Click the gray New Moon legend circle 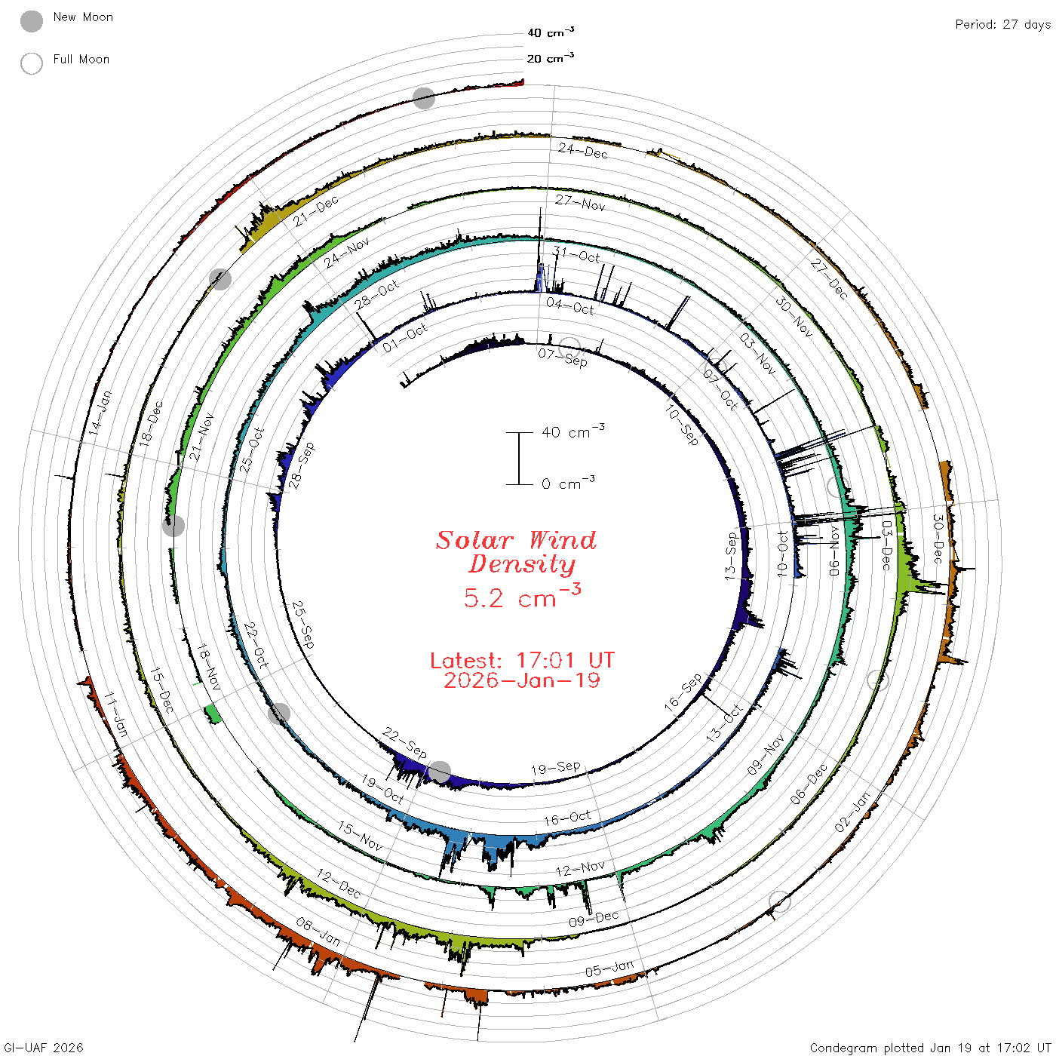point(32,21)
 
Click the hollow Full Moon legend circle point(32,63)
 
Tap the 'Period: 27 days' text point(1003,25)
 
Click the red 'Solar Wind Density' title point(516,552)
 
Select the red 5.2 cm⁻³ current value point(522,596)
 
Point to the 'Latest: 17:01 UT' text point(522,660)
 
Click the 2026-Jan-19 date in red point(522,680)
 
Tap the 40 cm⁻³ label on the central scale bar point(573,431)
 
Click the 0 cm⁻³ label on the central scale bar point(568,483)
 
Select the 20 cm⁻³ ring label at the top point(551,57)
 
